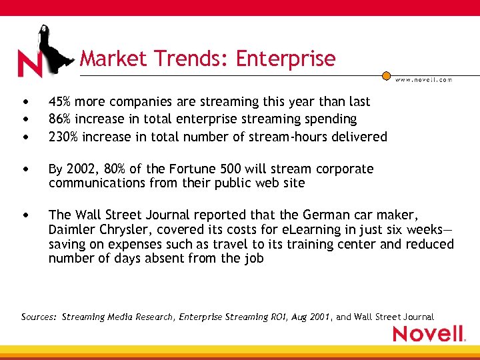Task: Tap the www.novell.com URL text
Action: (x=423, y=79)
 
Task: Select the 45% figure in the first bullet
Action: (x=61, y=102)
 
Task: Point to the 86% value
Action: (x=61, y=119)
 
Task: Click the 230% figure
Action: (x=64, y=137)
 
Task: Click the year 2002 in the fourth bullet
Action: (x=80, y=169)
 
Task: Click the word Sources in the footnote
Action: (x=39, y=317)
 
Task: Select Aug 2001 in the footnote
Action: (x=311, y=317)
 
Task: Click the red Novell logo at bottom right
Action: (x=429, y=333)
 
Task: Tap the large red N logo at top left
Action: (x=30, y=63)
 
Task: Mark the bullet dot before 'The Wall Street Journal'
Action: (x=25, y=215)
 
